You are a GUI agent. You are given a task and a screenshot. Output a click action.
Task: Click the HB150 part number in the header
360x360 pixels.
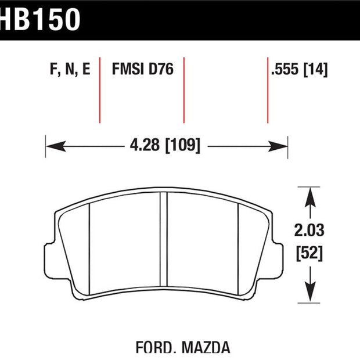tap(40, 19)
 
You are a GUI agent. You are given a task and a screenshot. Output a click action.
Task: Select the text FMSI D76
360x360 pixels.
tap(143, 69)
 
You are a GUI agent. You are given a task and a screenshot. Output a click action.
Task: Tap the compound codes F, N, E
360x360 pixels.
tap(70, 69)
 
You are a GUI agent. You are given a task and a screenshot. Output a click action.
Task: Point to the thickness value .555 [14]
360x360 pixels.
tap(300, 69)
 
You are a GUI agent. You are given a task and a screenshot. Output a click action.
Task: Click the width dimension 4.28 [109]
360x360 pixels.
tap(165, 145)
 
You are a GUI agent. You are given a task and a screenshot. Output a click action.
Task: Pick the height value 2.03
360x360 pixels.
tap(309, 230)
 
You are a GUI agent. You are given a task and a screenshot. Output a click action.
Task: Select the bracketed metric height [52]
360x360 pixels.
tap(309, 254)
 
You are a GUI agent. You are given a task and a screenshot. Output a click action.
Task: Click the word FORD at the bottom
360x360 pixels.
tap(154, 347)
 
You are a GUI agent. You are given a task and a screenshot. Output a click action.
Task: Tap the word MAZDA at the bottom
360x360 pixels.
tap(206, 347)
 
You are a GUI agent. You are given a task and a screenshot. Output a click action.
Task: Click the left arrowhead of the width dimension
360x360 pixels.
tap(56, 146)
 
